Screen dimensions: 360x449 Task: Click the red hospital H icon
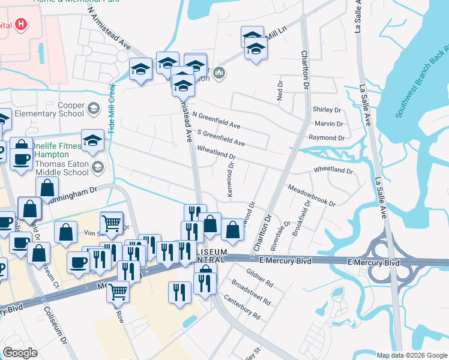click(x=22, y=25)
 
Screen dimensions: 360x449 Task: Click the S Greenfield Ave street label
click(x=220, y=139)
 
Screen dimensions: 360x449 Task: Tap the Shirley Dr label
click(x=327, y=110)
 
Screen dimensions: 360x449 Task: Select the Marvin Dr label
click(x=328, y=124)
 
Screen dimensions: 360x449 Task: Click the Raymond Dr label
click(x=327, y=138)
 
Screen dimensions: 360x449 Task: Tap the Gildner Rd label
click(x=260, y=274)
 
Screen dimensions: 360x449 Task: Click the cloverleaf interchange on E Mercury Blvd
click(x=384, y=262)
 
